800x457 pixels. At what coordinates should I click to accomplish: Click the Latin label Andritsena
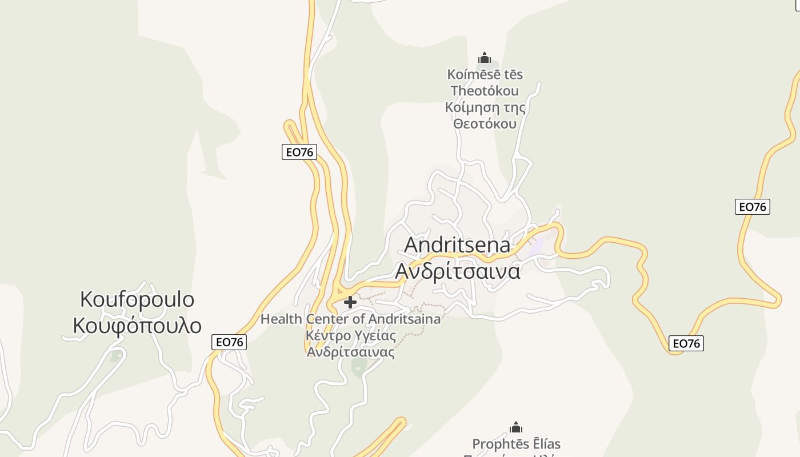457,245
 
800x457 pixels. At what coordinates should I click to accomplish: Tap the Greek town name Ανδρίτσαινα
458,271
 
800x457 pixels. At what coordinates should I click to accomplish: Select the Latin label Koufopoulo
137,299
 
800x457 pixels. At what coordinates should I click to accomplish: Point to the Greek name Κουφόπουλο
137,326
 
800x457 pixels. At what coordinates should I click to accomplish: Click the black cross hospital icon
350,302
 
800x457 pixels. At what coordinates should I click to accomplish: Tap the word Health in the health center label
282,319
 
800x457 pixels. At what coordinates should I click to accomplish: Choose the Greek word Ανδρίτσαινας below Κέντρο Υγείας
351,352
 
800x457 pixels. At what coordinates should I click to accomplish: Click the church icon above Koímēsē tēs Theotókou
485,58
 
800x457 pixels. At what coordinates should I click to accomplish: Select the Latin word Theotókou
485,91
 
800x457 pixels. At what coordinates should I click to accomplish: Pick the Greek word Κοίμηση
468,107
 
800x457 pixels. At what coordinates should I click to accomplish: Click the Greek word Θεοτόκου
485,124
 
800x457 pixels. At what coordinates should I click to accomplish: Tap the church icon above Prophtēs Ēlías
516,427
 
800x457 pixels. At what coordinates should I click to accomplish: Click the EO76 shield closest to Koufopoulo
229,342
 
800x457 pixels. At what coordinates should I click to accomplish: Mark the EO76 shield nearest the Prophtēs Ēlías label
686,343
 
